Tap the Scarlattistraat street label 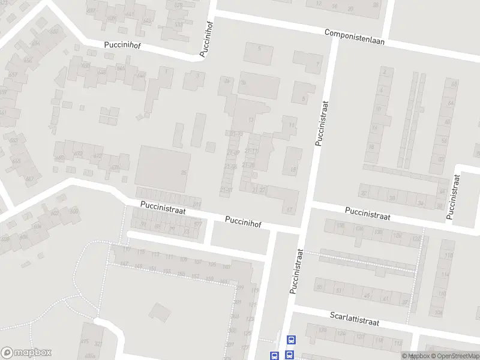pyautogui.click(x=355, y=319)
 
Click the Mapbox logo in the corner pyautogui.click(x=26, y=352)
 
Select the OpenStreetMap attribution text pyautogui.click(x=451, y=356)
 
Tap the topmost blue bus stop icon pyautogui.click(x=291, y=340)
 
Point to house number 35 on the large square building pyautogui.click(x=184, y=173)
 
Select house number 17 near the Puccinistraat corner pyautogui.click(x=289, y=209)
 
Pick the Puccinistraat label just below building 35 pyautogui.click(x=163, y=208)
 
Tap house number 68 pyautogui.click(x=454, y=83)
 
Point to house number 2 pyautogui.click(x=384, y=71)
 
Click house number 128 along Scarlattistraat pyautogui.click(x=323, y=330)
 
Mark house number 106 pyautogui.click(x=439, y=313)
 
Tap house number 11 pyautogui.click(x=292, y=125)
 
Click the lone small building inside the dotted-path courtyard pyautogui.click(x=160, y=311)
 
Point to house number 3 pyautogui.click(x=197, y=76)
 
